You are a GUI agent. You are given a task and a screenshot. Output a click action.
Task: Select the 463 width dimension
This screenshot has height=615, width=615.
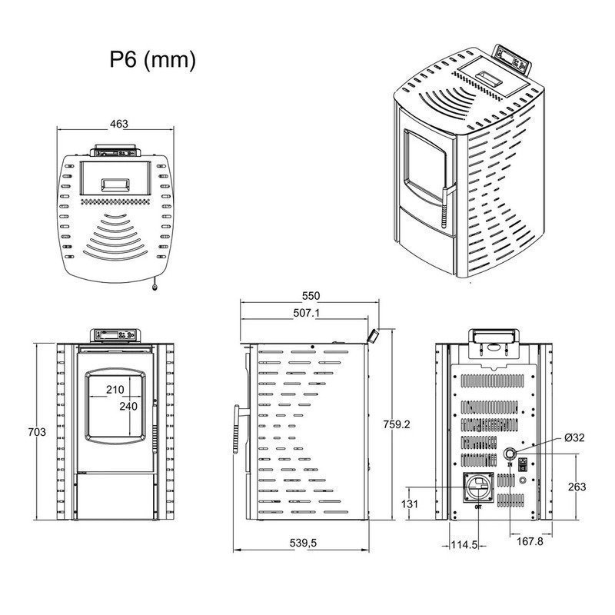pos(118,123)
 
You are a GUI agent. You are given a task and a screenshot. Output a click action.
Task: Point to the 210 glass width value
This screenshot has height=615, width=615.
pos(115,390)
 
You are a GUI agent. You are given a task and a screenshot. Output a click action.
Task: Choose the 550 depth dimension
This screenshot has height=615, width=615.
pos(311,296)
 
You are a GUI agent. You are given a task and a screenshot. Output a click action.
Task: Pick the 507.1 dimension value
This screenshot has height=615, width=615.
pos(307,313)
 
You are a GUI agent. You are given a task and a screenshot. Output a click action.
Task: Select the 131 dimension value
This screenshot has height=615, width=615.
pos(411,504)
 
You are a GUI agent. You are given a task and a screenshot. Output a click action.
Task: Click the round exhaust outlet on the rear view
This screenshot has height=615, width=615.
pos(479,487)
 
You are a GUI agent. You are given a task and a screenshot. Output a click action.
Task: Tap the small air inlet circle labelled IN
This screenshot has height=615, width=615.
pos(510,454)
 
